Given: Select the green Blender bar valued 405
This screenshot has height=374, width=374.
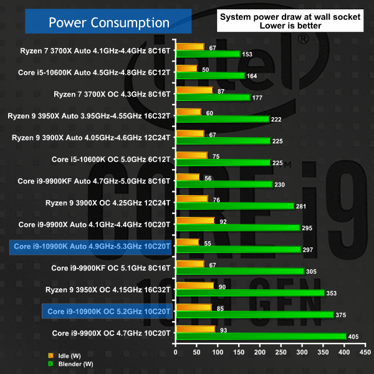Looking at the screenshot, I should pos(262,337).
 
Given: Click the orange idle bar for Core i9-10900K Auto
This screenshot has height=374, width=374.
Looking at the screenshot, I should pos(188,242).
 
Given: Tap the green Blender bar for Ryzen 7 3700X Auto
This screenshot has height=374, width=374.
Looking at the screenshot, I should pos(209,54).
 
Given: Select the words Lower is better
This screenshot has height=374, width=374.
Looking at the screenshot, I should pos(289,26).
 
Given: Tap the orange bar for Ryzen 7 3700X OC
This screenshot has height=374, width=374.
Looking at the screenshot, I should pos(195,90).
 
